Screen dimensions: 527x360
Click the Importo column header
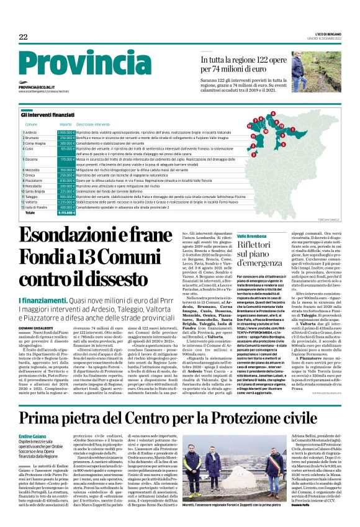pos(65,125)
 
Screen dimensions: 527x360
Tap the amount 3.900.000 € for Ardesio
pos(66,133)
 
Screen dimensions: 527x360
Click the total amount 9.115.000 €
pos(66,212)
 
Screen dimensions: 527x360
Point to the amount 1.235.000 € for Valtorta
pos(66,202)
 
